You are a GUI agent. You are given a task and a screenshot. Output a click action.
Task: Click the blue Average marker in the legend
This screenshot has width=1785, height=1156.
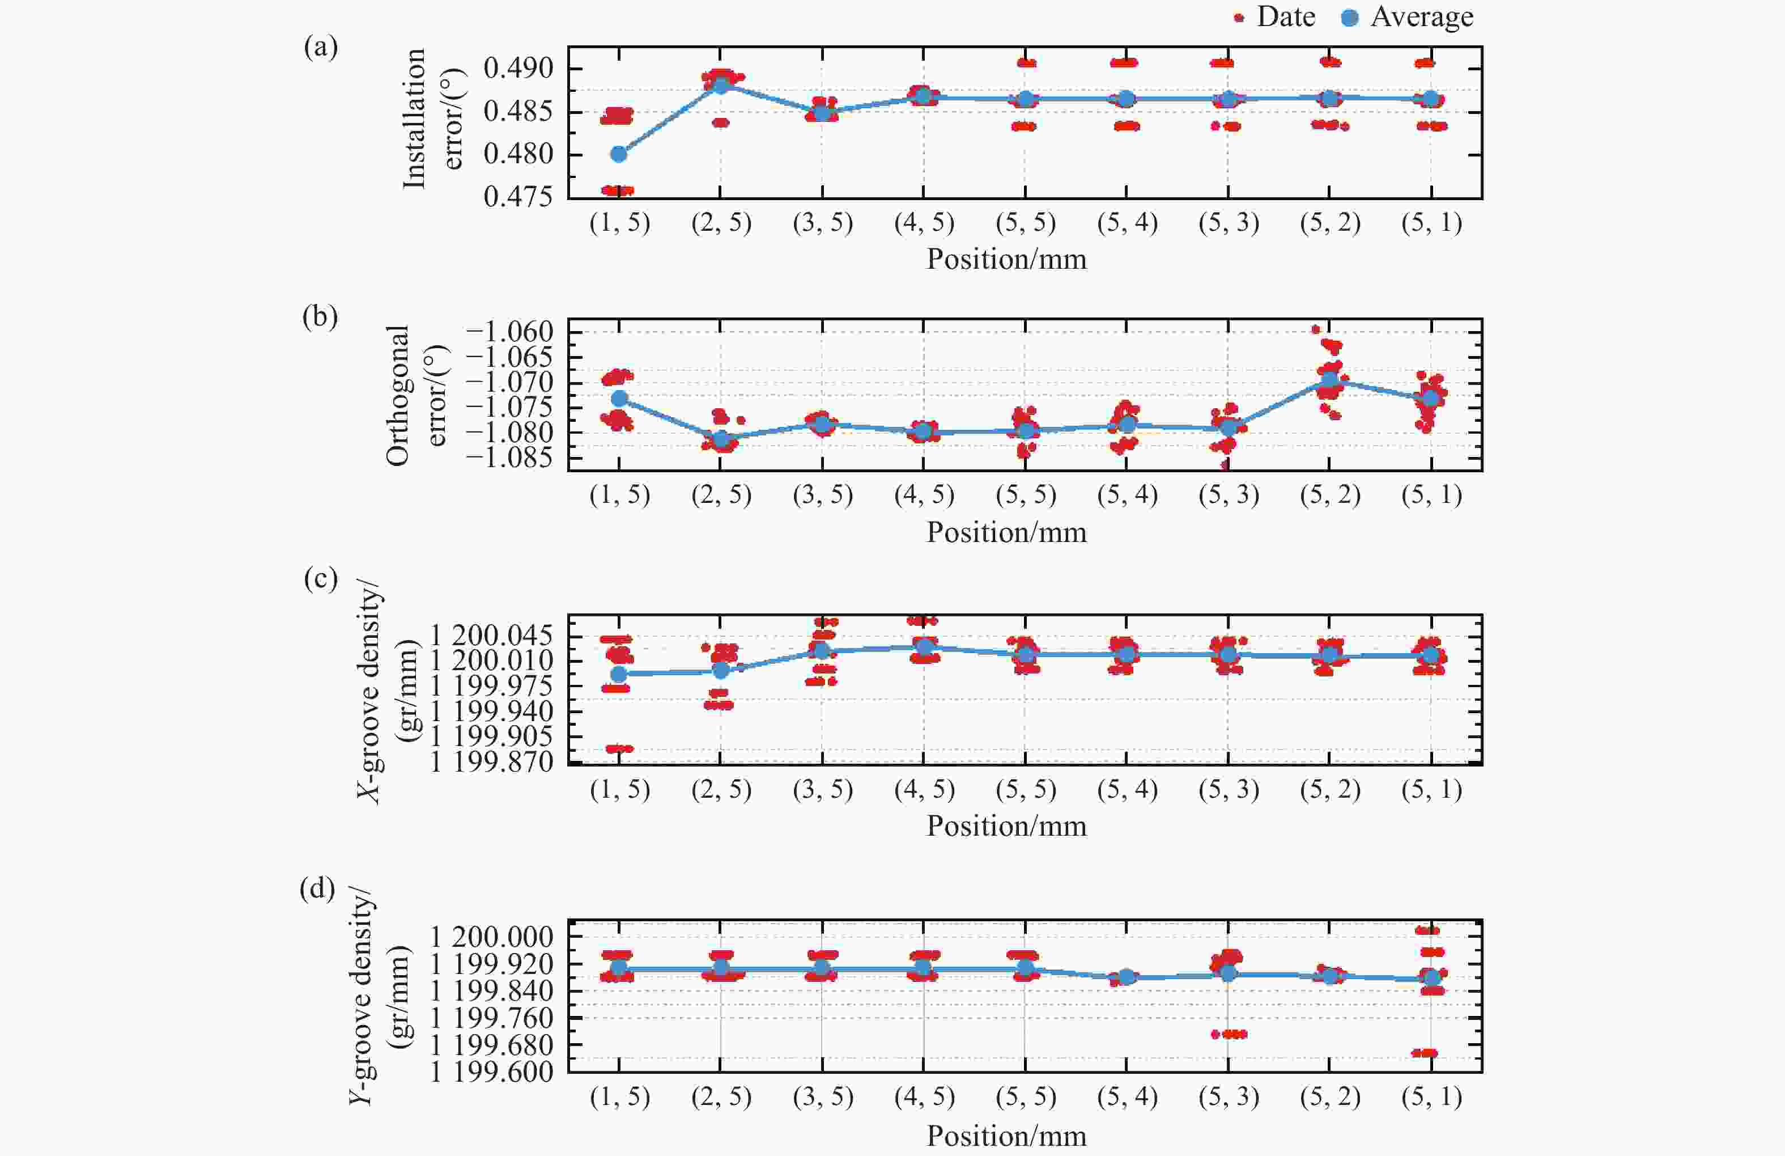pyautogui.click(x=1349, y=17)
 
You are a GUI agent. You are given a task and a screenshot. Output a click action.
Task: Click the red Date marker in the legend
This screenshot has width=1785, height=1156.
pyautogui.click(x=1239, y=17)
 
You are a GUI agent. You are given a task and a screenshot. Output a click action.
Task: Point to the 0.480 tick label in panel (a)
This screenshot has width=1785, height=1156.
pyautogui.click(x=517, y=155)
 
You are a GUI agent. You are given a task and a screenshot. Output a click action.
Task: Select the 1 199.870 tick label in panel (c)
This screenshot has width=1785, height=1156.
pyautogui.click(x=491, y=762)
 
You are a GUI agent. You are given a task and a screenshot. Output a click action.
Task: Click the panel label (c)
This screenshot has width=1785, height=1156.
pyautogui.click(x=320, y=579)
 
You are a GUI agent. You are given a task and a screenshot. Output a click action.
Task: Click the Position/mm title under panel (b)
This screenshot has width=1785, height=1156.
pyautogui.click(x=1006, y=532)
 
